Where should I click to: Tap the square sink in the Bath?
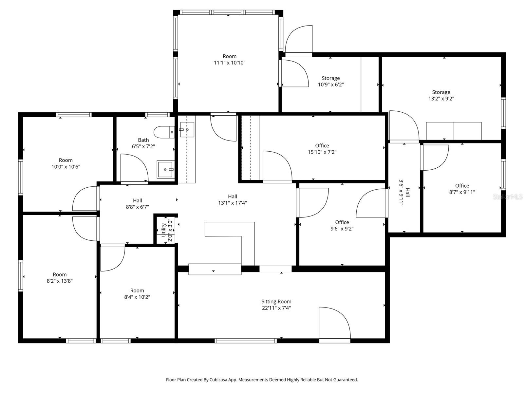tap(166, 169)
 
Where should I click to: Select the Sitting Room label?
tap(276, 302)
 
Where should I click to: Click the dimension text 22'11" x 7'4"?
tap(276, 308)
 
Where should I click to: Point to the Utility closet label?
tap(164, 230)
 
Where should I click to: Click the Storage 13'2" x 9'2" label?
tap(441, 92)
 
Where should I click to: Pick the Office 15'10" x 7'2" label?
tap(322, 146)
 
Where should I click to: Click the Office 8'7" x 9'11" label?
tap(462, 186)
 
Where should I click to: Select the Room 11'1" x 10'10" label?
tap(230, 56)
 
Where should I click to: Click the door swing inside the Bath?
tap(133, 169)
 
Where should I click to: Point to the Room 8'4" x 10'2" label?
tap(137, 290)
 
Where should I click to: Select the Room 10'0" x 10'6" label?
tap(65, 160)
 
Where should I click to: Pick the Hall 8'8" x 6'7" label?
tap(137, 200)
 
